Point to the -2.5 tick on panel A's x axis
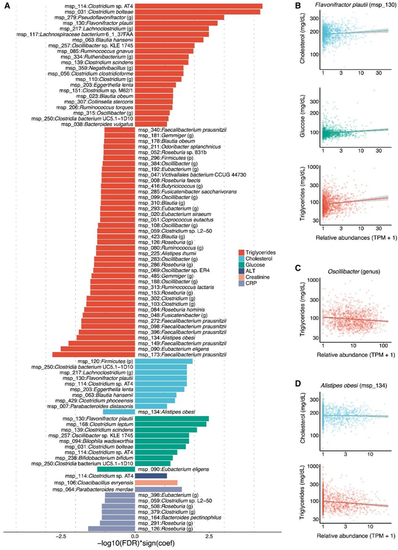click(x=60, y=535)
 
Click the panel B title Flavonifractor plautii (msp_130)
click(x=345, y=6)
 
